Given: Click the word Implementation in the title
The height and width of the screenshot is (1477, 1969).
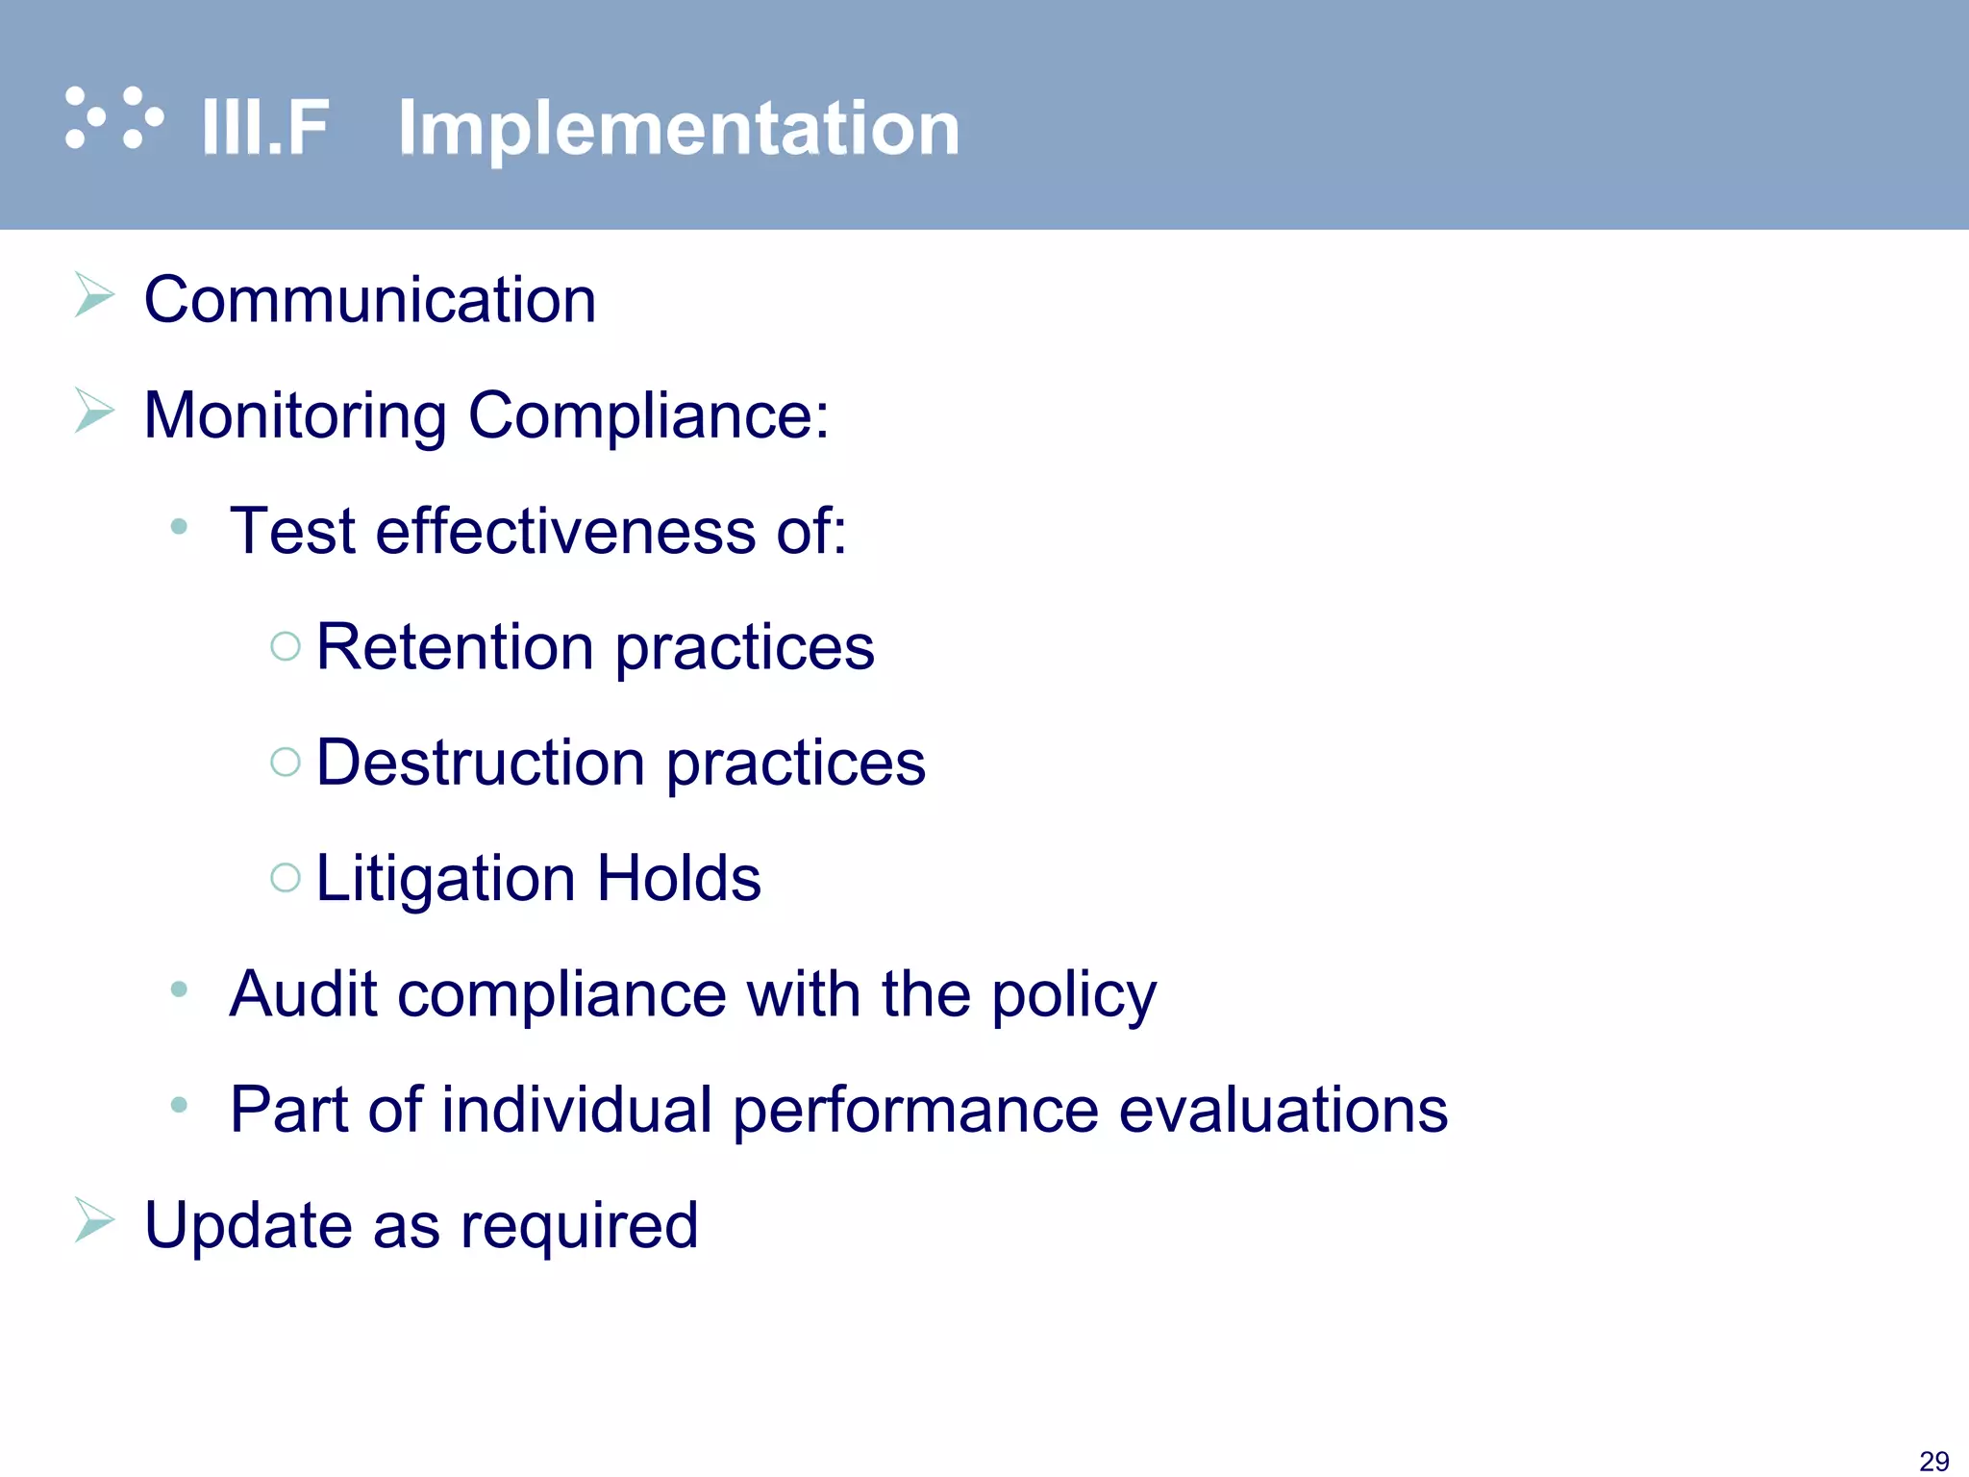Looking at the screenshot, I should [x=679, y=128].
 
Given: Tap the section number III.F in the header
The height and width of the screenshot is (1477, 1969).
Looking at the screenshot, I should [x=265, y=128].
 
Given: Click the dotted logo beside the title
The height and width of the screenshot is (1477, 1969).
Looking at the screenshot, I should [x=113, y=118].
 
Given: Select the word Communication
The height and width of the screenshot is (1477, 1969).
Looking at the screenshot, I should [x=370, y=300].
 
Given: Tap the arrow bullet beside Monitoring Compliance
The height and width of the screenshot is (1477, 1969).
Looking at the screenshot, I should [x=94, y=411].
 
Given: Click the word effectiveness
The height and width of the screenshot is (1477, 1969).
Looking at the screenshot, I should [x=565, y=531].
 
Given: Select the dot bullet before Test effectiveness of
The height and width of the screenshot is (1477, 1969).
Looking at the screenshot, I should [x=179, y=526].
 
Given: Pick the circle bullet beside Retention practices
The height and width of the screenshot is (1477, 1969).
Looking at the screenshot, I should [x=286, y=646].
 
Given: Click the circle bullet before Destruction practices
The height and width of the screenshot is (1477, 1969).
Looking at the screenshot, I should [x=286, y=763].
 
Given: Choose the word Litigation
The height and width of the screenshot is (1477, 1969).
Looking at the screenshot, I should [x=445, y=878].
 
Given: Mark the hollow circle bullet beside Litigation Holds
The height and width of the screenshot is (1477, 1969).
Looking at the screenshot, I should [x=286, y=877].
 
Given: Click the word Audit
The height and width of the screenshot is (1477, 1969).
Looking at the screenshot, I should [x=302, y=993].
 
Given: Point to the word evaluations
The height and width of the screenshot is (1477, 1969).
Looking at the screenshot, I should [x=1284, y=1110].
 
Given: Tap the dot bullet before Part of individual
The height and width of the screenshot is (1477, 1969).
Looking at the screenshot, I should [x=179, y=1105].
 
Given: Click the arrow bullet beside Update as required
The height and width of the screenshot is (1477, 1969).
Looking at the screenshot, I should [x=94, y=1220].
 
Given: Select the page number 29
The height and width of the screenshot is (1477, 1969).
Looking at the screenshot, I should [x=1933, y=1461].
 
